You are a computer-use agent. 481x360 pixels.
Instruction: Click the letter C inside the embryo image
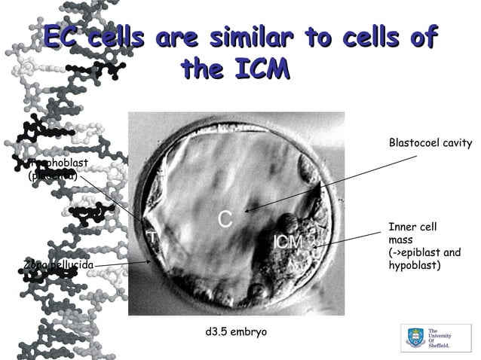(x=225, y=218)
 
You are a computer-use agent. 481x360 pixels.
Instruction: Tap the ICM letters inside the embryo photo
(x=289, y=243)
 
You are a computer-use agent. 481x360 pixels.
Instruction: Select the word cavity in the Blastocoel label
(x=457, y=143)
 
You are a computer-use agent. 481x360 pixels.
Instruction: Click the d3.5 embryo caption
(x=235, y=331)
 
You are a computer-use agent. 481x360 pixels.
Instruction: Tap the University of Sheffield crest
(x=415, y=337)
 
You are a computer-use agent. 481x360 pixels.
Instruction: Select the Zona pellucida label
(x=58, y=265)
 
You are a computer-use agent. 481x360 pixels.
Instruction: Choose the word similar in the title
(x=250, y=37)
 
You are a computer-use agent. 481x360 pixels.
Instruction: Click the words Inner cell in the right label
(x=412, y=227)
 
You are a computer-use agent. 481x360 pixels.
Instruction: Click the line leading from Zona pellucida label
(x=121, y=264)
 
